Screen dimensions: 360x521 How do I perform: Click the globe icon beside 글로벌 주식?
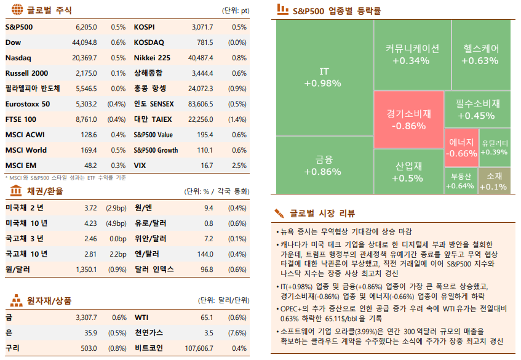17,10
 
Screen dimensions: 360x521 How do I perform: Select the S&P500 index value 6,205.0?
86,27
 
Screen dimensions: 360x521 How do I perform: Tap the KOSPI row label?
144,27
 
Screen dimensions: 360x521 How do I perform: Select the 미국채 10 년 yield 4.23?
90,223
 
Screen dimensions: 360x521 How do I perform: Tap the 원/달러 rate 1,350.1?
86,270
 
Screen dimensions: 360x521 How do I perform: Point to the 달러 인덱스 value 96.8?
207,270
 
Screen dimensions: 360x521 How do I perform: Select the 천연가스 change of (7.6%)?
237,333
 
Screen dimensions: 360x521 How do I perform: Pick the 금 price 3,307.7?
86,318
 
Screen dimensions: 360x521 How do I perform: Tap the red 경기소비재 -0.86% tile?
408,120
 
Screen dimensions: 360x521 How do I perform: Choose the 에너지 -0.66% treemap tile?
461,148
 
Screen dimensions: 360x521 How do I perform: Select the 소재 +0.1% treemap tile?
494,181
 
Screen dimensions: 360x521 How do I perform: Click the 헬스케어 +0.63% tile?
479,54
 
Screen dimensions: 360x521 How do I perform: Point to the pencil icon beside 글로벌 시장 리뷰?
280,214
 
